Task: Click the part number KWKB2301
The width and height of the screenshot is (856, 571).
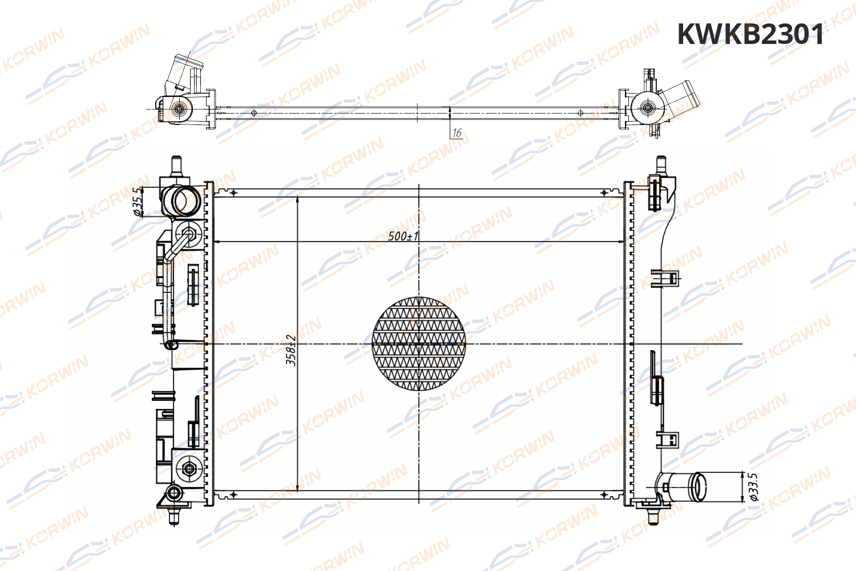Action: click(750, 35)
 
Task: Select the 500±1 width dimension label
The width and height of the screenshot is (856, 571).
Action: click(403, 235)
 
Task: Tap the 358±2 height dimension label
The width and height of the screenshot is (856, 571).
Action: click(291, 349)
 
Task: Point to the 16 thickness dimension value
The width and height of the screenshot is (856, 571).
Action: click(457, 133)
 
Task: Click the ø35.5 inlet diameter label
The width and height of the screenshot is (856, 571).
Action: click(138, 202)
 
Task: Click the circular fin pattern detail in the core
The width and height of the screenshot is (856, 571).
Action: click(419, 344)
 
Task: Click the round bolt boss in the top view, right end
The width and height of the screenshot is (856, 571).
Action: click(647, 107)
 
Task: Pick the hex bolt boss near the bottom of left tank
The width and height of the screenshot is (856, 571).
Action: click(189, 469)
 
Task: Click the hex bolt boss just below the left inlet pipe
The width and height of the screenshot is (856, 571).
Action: click(189, 233)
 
